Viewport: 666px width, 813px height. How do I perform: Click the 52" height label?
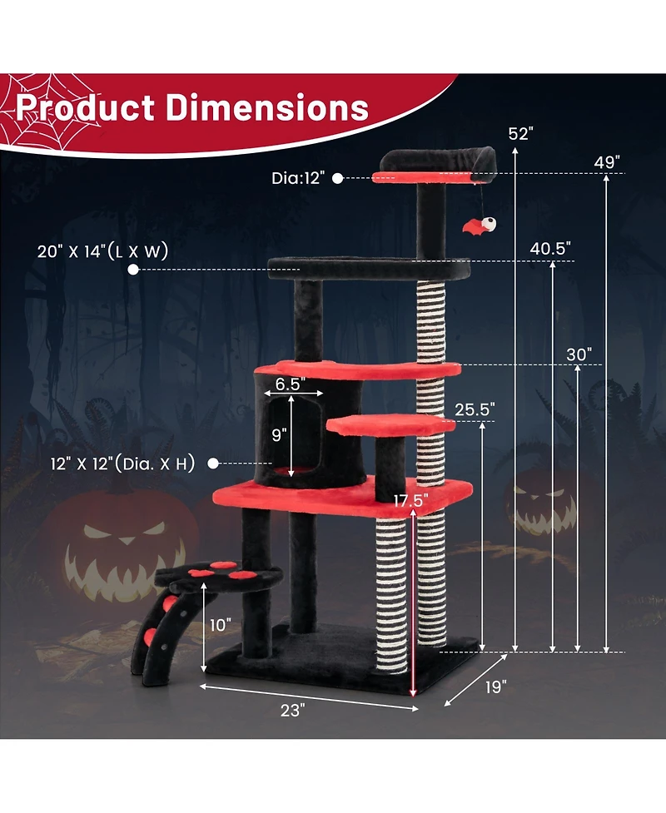coord(520,133)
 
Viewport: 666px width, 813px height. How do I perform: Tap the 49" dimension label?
coord(607,161)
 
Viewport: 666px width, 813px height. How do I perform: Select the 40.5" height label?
coord(550,248)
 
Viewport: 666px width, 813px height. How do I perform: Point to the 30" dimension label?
coord(579,354)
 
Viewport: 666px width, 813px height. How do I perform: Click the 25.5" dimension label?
coord(475,409)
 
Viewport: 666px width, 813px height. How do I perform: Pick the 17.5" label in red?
coord(412,501)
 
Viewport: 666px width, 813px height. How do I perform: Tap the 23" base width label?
coord(293,709)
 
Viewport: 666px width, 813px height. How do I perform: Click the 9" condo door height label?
coord(279,434)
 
